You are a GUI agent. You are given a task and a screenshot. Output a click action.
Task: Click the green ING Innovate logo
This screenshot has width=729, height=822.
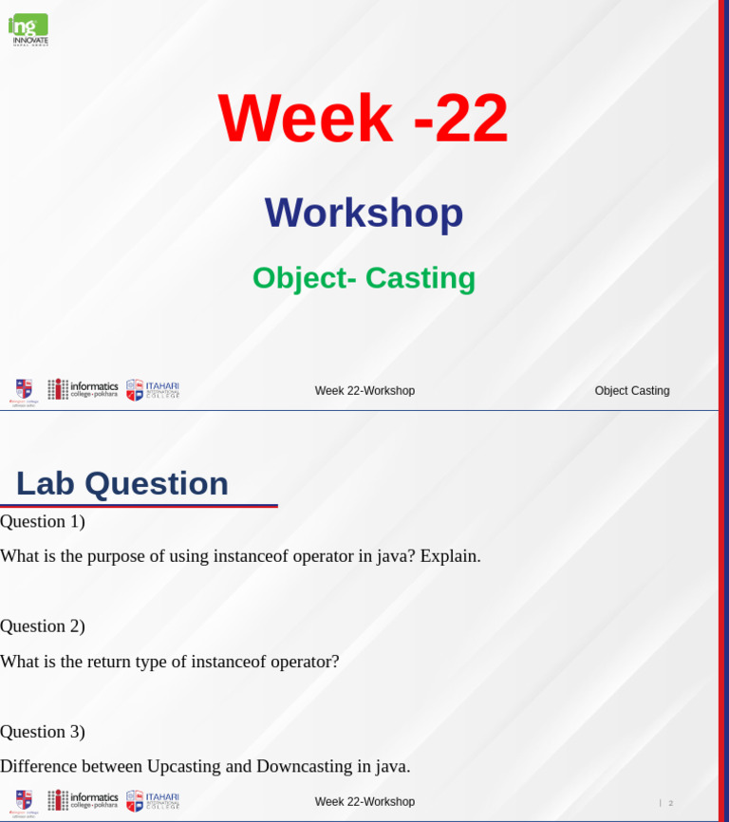[28, 29]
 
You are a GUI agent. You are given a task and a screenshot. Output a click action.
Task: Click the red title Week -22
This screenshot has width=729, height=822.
[364, 119]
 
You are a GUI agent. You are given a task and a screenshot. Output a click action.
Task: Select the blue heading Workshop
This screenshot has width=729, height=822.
[364, 213]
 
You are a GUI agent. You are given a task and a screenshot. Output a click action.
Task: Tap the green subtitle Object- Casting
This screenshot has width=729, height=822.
[364, 278]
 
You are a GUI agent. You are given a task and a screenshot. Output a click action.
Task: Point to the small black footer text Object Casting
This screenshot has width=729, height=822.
[632, 391]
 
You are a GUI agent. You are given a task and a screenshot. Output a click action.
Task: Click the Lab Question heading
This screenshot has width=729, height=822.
[122, 483]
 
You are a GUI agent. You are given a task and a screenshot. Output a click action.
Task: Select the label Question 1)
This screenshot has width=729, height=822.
[43, 521]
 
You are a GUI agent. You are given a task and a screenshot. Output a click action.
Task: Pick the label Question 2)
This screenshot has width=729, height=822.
[43, 626]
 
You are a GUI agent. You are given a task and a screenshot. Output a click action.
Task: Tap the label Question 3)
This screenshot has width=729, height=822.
[43, 732]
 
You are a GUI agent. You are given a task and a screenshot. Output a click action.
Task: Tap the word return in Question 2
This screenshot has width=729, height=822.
[112, 662]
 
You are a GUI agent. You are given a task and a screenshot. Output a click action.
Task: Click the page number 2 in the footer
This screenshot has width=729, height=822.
[670, 803]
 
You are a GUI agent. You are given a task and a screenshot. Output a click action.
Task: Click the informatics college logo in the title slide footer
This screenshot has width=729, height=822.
[84, 389]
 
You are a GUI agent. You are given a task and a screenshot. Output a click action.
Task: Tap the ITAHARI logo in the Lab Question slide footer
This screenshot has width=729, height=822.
[153, 801]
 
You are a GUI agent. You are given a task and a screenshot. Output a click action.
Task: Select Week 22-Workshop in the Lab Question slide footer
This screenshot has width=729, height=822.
[364, 802]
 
